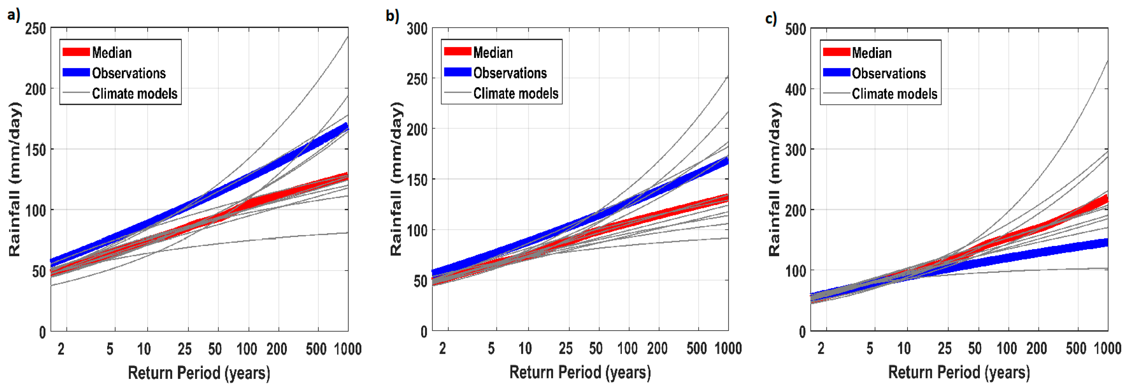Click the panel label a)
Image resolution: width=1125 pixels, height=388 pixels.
point(13,15)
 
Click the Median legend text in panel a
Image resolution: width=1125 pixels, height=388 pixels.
point(112,53)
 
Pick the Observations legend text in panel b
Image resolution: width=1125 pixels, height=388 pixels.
point(510,73)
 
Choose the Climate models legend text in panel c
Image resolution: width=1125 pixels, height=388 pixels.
point(894,94)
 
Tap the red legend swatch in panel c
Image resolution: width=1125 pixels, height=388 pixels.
point(836,52)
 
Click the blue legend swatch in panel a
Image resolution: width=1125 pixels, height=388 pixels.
point(76,73)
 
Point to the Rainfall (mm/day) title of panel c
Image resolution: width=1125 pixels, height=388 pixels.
point(774,179)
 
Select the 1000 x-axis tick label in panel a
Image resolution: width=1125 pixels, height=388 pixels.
point(348,349)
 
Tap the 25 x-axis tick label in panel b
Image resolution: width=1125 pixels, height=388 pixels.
point(565,348)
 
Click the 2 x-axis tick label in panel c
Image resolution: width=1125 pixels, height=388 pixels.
point(821,348)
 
